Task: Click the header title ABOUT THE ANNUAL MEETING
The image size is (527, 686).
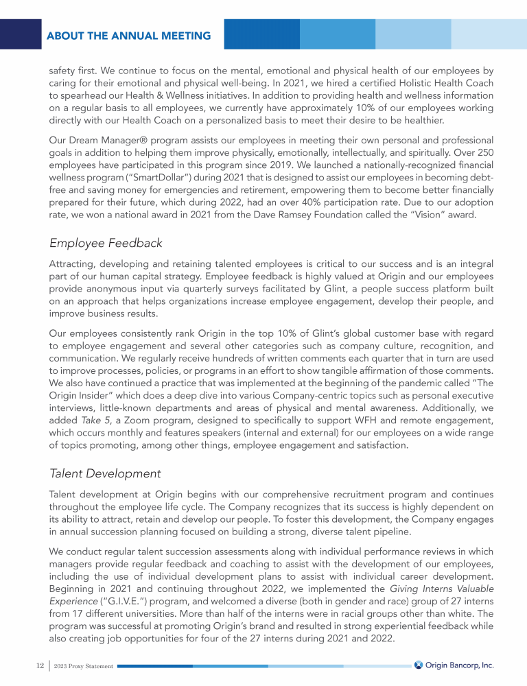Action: [129, 36]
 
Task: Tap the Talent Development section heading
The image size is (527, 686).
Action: [106, 473]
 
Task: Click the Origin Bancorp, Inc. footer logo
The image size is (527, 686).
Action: [454, 665]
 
